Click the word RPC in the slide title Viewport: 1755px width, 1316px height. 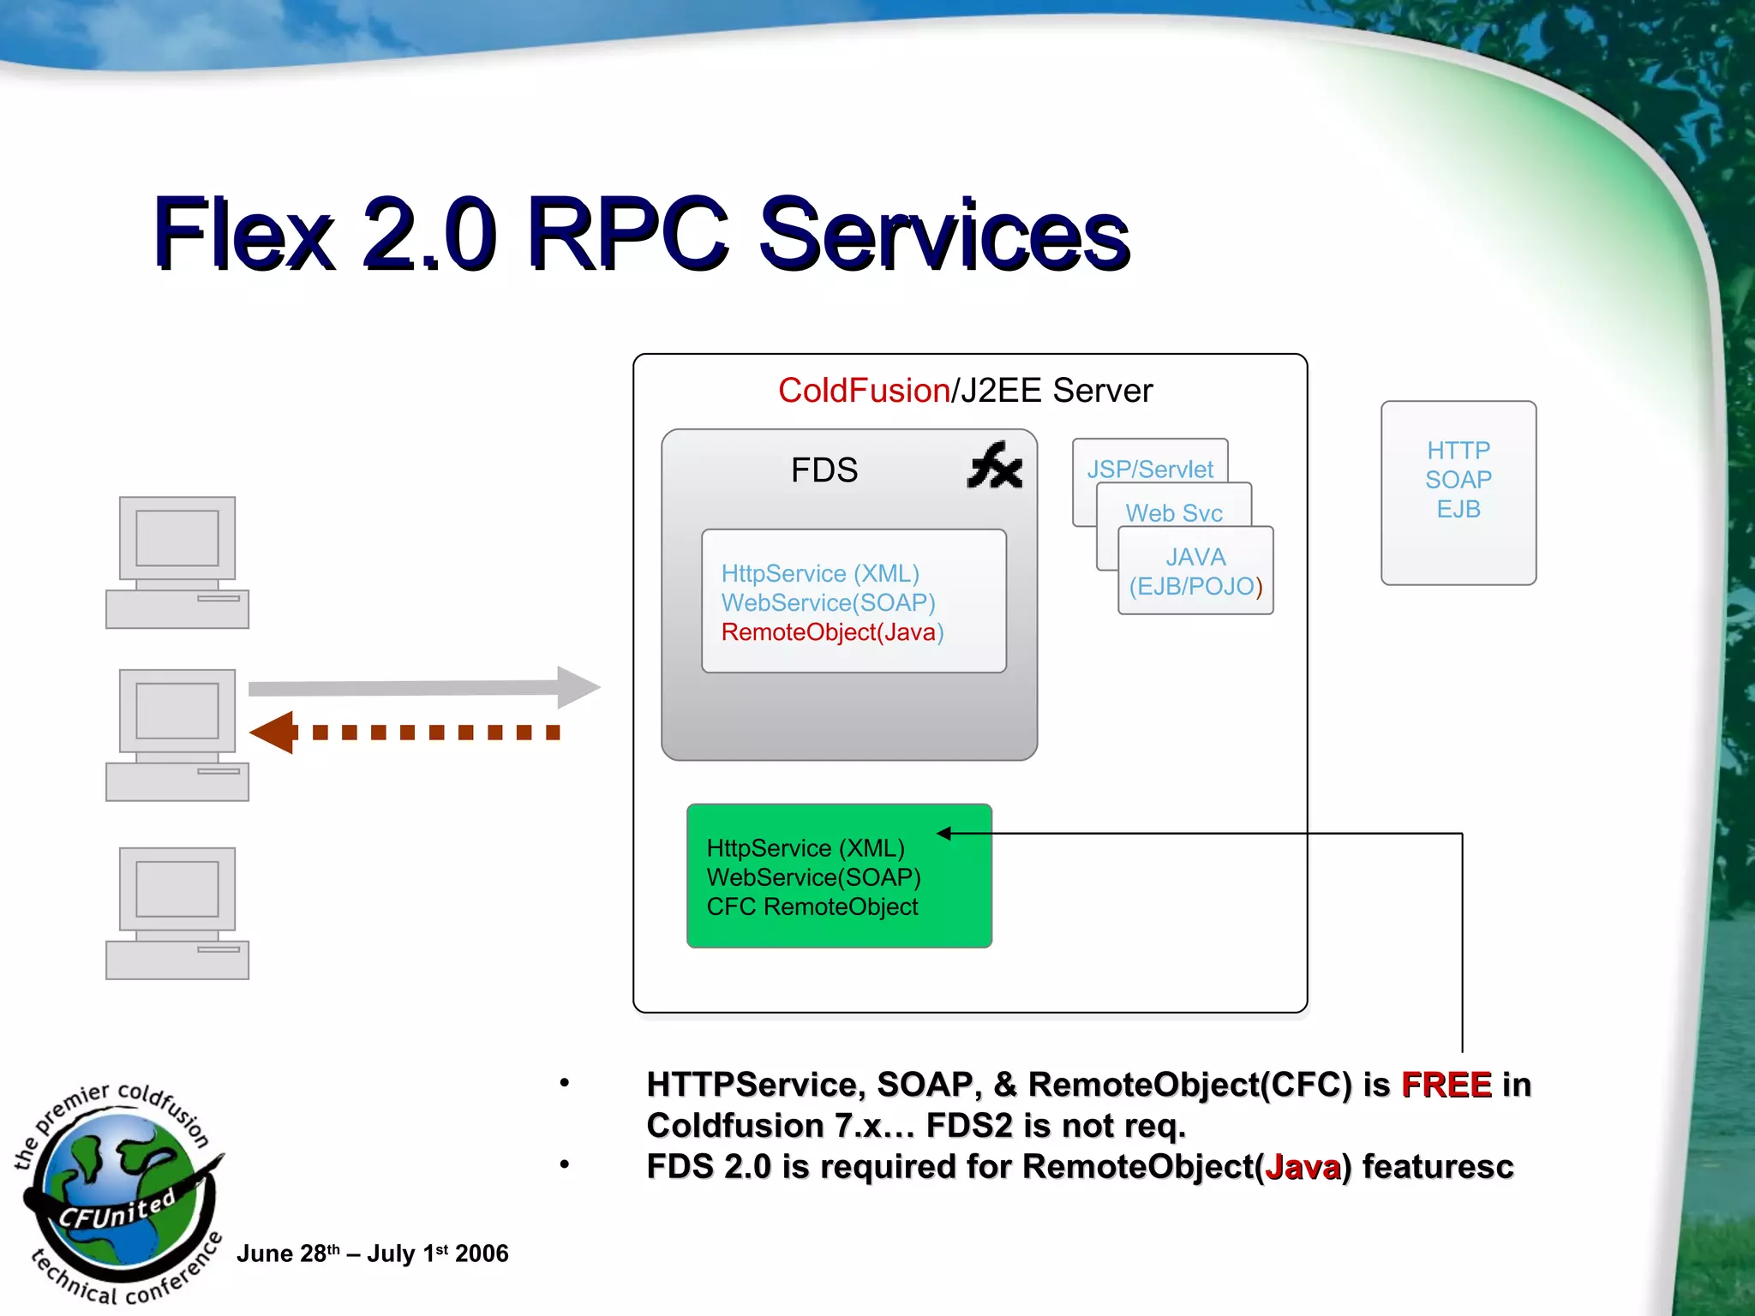click(x=628, y=234)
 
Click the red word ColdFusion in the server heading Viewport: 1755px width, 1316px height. click(x=863, y=391)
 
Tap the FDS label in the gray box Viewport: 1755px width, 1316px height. click(x=824, y=470)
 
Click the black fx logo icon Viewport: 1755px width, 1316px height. click(x=994, y=467)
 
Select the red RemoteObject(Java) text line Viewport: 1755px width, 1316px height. click(x=831, y=632)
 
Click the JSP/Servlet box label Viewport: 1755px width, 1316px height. click(x=1150, y=469)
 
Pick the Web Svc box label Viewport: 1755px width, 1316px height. click(x=1173, y=512)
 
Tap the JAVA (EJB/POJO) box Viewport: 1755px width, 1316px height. click(x=1195, y=571)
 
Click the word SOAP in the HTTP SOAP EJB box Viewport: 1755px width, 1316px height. click(x=1459, y=480)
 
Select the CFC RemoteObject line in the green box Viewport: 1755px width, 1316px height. click(x=812, y=906)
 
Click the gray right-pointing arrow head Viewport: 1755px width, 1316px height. click(x=578, y=687)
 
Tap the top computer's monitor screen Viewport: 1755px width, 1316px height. click(x=177, y=538)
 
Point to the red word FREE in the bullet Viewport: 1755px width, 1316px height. click(x=1447, y=1085)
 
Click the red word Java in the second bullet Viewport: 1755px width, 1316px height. click(x=1303, y=1168)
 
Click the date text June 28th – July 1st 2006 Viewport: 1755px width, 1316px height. click(x=372, y=1253)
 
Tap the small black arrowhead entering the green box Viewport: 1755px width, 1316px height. click(x=944, y=833)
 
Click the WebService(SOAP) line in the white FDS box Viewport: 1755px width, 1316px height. click(x=828, y=603)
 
